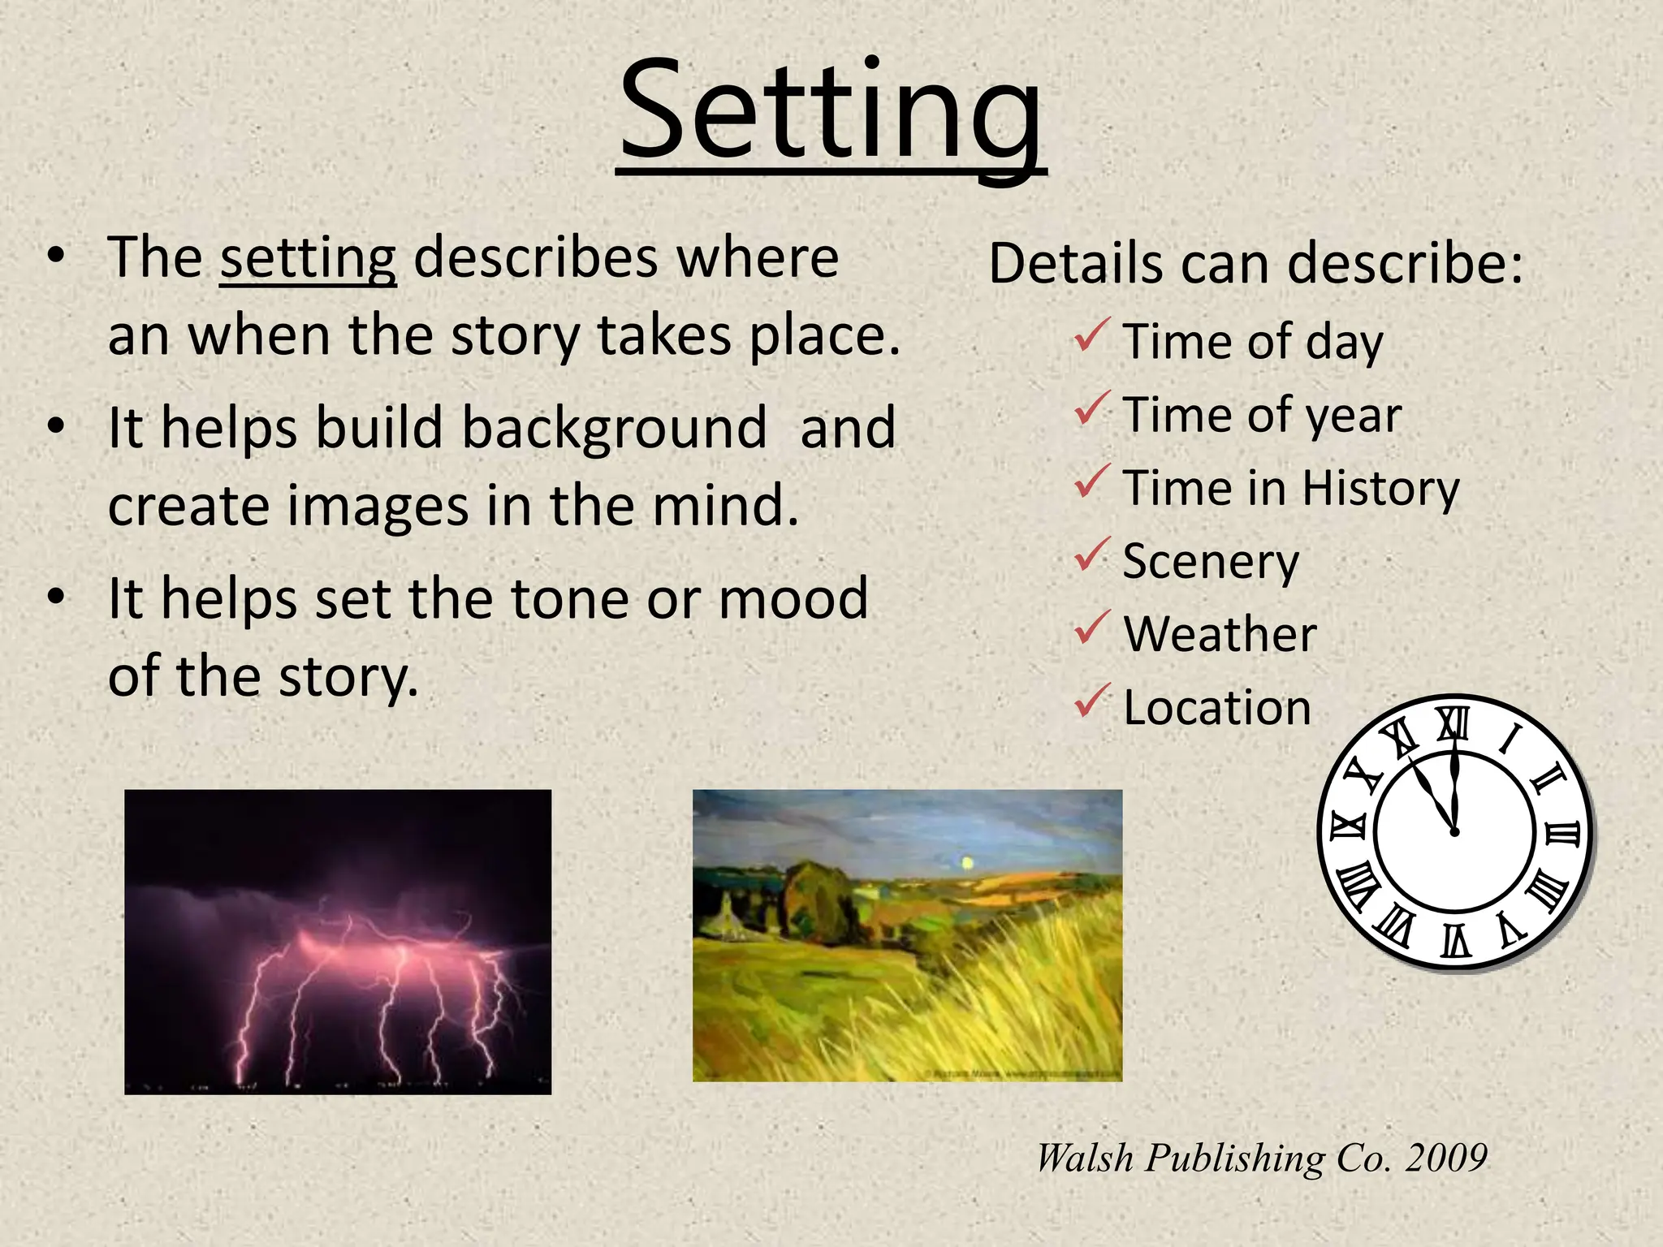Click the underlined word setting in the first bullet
tap(308, 259)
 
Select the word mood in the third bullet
tap(793, 599)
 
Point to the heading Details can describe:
tap(1255, 263)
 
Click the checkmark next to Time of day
tap(1091, 335)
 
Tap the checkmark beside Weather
tap(1091, 628)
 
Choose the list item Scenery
tap(1210, 562)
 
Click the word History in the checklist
tap(1380, 489)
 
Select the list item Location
tap(1216, 708)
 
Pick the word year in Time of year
tap(1358, 416)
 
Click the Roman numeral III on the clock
tap(1561, 834)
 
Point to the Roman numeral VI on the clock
tap(1455, 940)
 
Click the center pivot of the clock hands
tap(1454, 831)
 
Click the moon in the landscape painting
tap(966, 863)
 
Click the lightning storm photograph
tap(337, 942)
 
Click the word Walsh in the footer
tap(1084, 1158)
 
